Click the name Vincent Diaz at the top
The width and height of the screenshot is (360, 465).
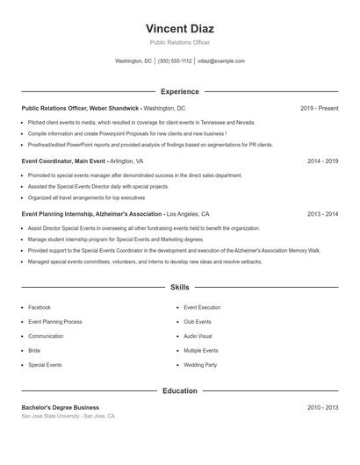tap(179, 28)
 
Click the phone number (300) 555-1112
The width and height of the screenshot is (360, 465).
tap(175, 61)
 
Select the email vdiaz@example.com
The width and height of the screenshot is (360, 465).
tap(221, 61)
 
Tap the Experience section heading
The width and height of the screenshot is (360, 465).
tap(179, 91)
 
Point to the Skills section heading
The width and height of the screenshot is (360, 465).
tap(179, 287)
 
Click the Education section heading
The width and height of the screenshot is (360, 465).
tap(179, 390)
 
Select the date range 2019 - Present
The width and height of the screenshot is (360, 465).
tap(319, 108)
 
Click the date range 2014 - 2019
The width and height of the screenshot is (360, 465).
tap(322, 161)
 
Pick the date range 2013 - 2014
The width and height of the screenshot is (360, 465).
tap(322, 214)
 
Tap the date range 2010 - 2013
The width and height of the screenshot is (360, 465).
tap(322, 408)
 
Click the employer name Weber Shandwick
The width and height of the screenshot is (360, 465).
tap(114, 108)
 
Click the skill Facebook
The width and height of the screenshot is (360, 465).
tap(40, 308)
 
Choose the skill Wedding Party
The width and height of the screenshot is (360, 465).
tap(200, 365)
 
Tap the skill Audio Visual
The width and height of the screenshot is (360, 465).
tap(198, 336)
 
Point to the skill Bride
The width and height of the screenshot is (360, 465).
tap(34, 351)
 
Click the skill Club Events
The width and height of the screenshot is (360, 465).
tap(198, 322)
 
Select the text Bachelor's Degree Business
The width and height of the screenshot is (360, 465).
tap(61, 408)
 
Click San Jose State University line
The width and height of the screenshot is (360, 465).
tap(68, 417)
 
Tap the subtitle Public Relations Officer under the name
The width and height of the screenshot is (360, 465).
tap(179, 42)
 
